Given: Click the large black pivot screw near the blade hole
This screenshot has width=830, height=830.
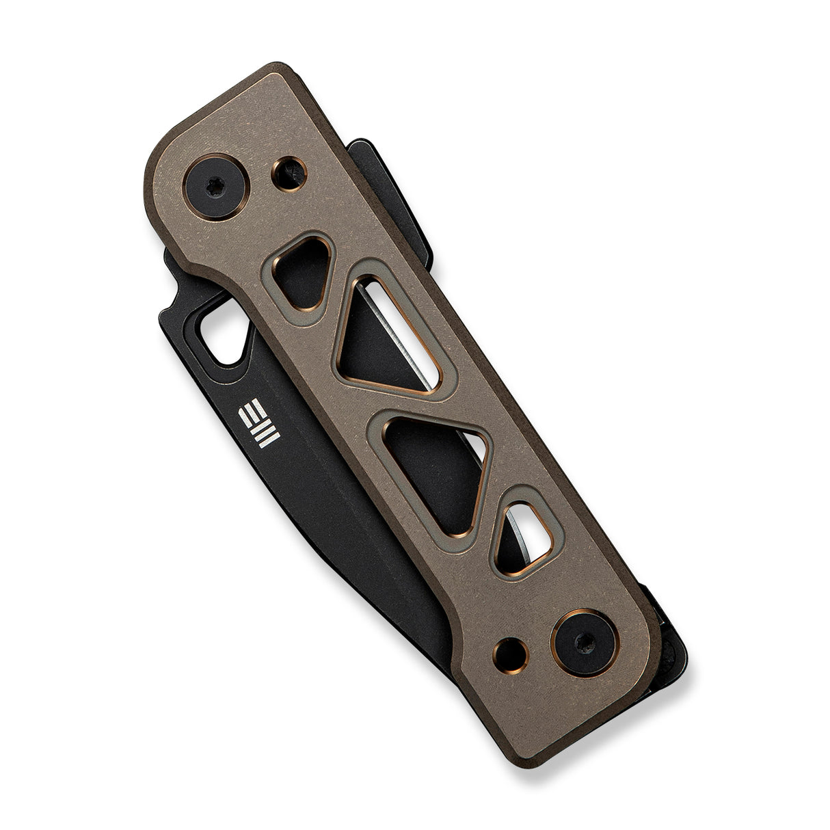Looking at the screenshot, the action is click(216, 187).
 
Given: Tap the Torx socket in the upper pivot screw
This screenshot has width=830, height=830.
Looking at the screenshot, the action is click(213, 188).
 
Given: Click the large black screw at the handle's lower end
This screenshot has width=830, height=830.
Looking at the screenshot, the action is click(586, 643).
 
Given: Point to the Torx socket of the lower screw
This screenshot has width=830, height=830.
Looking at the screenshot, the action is click(586, 645).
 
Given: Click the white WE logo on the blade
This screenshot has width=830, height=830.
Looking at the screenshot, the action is click(259, 423).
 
